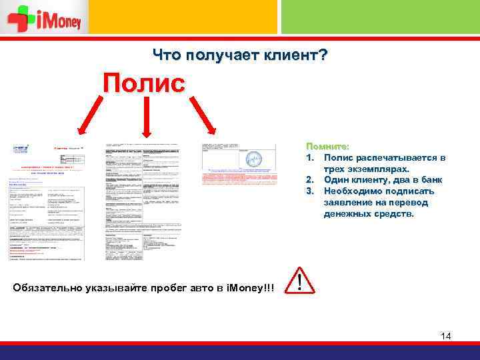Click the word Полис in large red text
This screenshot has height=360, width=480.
click(x=143, y=84)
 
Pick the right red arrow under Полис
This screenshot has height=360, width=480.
click(x=201, y=115)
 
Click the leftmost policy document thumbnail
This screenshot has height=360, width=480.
click(x=47, y=201)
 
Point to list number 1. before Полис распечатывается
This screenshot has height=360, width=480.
click(x=310, y=157)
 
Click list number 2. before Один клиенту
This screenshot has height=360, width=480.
click(x=310, y=180)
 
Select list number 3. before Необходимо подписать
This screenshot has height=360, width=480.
click(x=310, y=191)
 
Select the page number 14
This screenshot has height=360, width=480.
click(x=445, y=336)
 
